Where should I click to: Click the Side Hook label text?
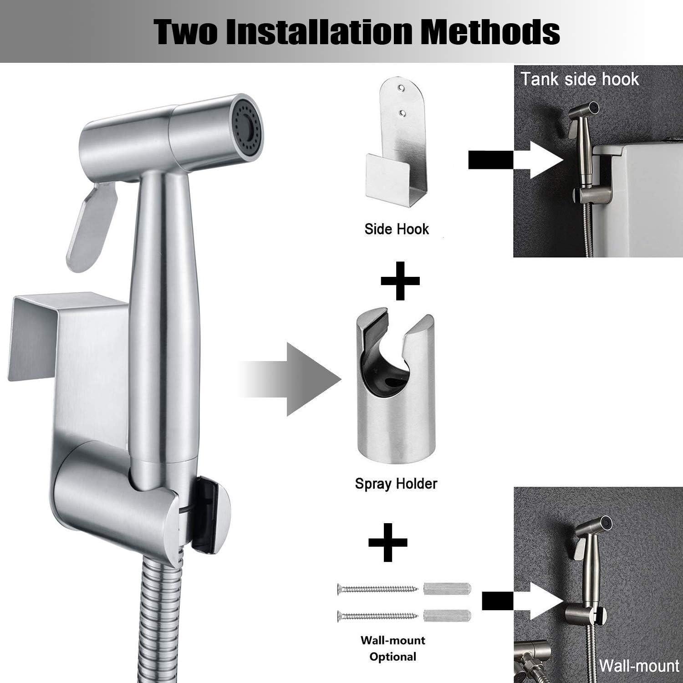pos(397,229)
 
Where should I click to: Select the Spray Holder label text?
pos(396,483)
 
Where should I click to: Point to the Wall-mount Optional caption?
pos(392,648)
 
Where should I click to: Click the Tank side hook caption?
pos(580,79)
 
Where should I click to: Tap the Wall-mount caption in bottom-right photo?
pos(638,666)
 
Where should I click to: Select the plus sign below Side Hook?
pos(400,280)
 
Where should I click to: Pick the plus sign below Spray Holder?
pos(388,542)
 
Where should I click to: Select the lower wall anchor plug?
pos(447,616)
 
